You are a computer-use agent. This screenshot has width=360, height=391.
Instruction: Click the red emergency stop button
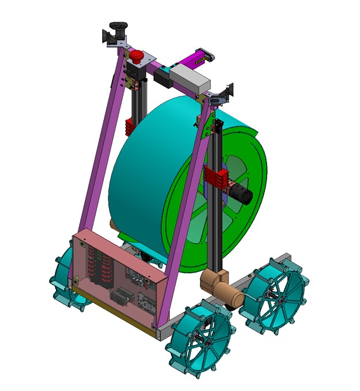(137, 57)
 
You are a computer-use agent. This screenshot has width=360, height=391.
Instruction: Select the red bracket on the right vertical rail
(215, 177)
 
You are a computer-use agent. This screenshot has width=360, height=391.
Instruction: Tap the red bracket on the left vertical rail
(130, 126)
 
